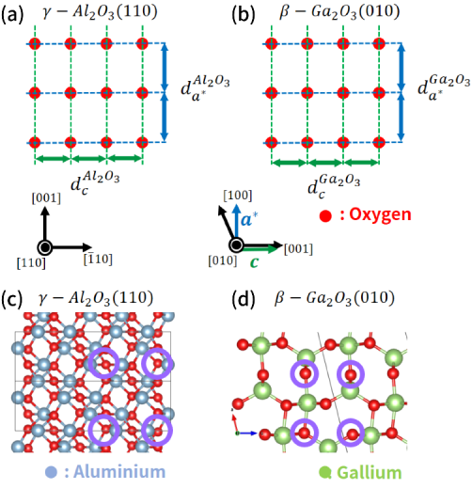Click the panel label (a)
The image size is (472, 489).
click(x=12, y=15)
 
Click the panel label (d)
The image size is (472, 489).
click(x=243, y=299)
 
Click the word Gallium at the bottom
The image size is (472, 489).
click(x=370, y=473)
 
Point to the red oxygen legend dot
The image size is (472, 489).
click(x=325, y=216)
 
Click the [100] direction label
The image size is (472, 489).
click(x=238, y=196)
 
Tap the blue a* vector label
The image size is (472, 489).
click(x=249, y=219)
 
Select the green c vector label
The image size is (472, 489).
click(x=254, y=262)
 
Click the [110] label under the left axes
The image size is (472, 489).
click(x=31, y=262)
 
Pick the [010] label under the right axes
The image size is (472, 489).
click(x=223, y=260)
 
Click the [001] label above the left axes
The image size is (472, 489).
click(x=46, y=198)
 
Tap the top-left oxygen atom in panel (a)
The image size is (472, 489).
click(x=35, y=43)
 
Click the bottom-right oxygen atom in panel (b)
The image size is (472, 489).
click(x=379, y=143)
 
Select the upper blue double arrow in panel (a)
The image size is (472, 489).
click(x=165, y=68)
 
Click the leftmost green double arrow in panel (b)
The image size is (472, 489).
click(x=290, y=163)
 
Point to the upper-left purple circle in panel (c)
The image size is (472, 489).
click(x=103, y=363)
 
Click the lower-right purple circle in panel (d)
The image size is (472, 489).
click(x=351, y=433)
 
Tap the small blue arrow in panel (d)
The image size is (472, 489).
click(x=247, y=434)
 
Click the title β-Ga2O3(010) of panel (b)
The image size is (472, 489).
click(x=339, y=12)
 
